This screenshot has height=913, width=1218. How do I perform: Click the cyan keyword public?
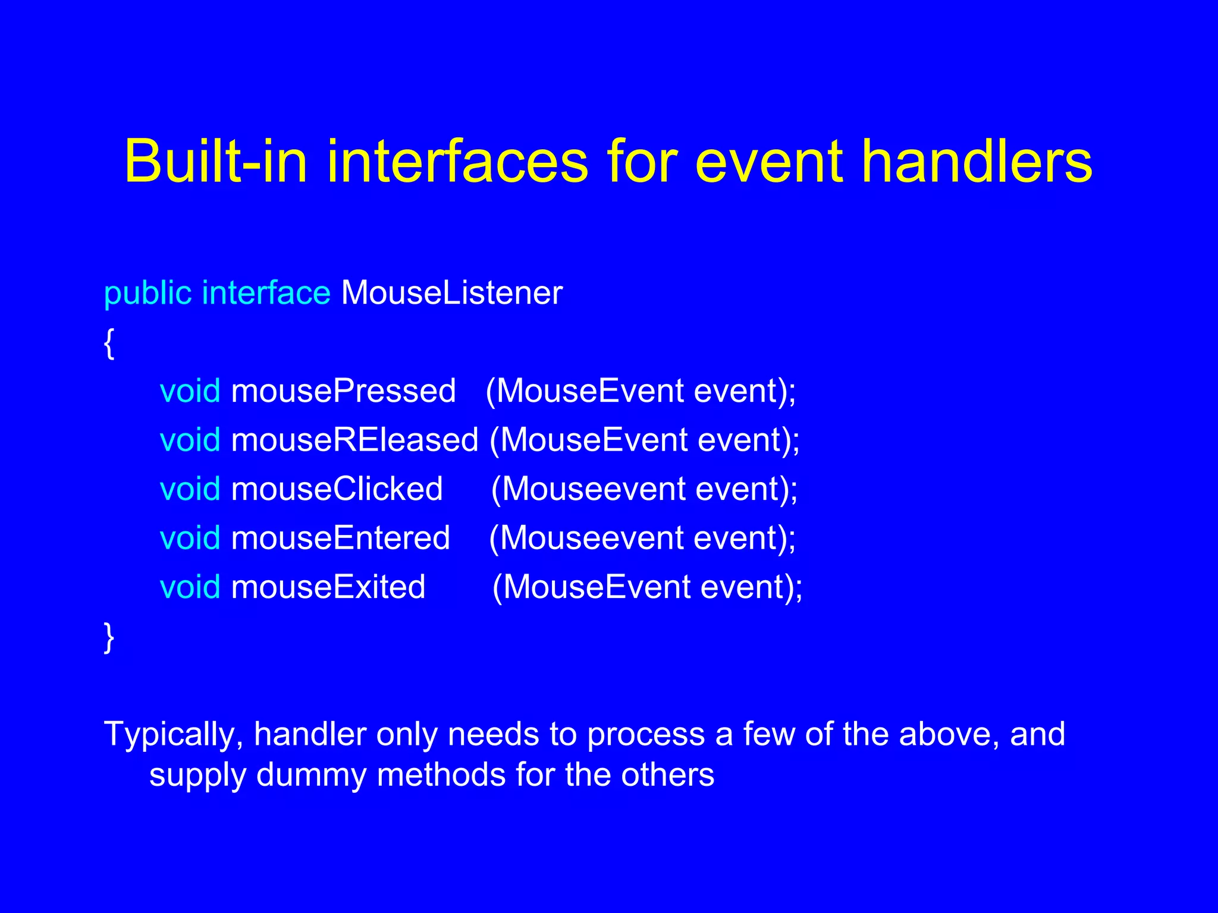pyautogui.click(x=147, y=294)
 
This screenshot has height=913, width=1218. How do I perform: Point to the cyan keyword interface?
pyautogui.click(x=266, y=292)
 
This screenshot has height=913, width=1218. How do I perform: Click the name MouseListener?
pyautogui.click(x=451, y=292)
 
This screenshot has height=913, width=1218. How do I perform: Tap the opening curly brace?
pyautogui.click(x=109, y=343)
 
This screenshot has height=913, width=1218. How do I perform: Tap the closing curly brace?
pyautogui.click(x=109, y=637)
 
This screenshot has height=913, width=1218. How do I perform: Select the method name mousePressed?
pyautogui.click(x=343, y=392)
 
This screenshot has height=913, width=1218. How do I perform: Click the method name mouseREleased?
pyautogui.click(x=354, y=440)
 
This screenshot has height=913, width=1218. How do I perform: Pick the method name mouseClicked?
pyautogui.click(x=337, y=489)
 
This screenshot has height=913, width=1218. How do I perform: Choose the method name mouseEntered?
pyautogui.click(x=340, y=538)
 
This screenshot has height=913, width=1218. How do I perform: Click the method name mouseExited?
pyautogui.click(x=328, y=587)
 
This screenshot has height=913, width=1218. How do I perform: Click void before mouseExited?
pyautogui.click(x=190, y=587)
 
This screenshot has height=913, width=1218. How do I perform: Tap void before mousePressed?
pyautogui.click(x=190, y=391)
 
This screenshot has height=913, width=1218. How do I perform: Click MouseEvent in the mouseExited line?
pyautogui.click(x=597, y=587)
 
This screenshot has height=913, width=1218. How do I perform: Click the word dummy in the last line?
pyautogui.click(x=310, y=775)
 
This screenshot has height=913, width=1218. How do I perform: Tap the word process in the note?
pyautogui.click(x=646, y=735)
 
